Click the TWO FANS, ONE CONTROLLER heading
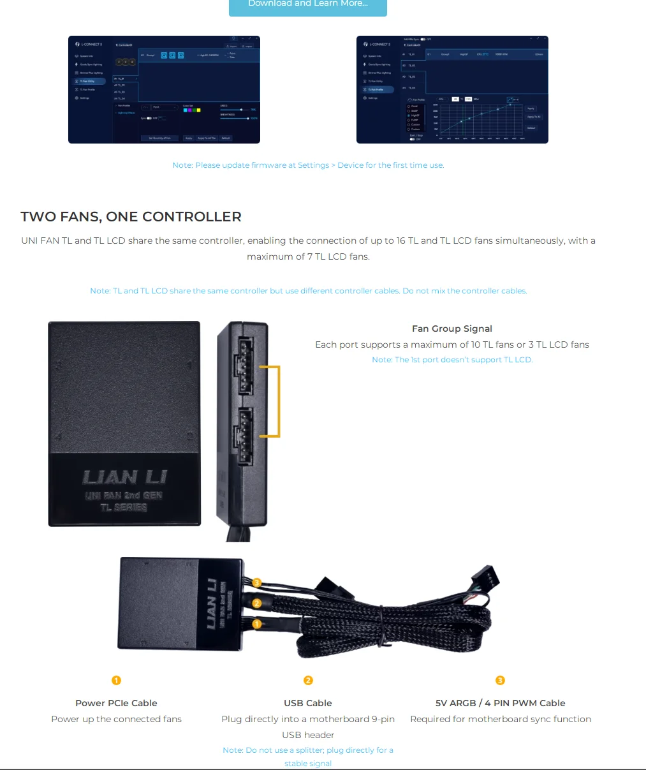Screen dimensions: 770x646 (x=131, y=217)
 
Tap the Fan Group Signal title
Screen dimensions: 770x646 (x=451, y=329)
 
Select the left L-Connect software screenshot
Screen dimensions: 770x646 (x=164, y=89)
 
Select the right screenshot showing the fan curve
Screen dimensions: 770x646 (x=451, y=89)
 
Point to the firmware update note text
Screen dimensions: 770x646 (x=308, y=165)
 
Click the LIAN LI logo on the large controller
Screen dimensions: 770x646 (x=124, y=477)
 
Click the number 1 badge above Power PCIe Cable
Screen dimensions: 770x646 (x=116, y=681)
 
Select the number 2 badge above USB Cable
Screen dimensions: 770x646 (x=308, y=681)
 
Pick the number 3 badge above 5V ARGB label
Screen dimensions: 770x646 (x=500, y=681)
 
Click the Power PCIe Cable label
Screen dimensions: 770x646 (x=116, y=703)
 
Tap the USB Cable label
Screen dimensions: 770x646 (x=308, y=703)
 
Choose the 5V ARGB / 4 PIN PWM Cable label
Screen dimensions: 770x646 (x=500, y=703)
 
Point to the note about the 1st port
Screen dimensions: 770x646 (x=451, y=360)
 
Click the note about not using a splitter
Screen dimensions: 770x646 (x=308, y=757)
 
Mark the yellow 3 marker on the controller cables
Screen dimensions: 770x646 (x=256, y=582)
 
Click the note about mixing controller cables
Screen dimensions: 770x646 (x=308, y=291)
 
